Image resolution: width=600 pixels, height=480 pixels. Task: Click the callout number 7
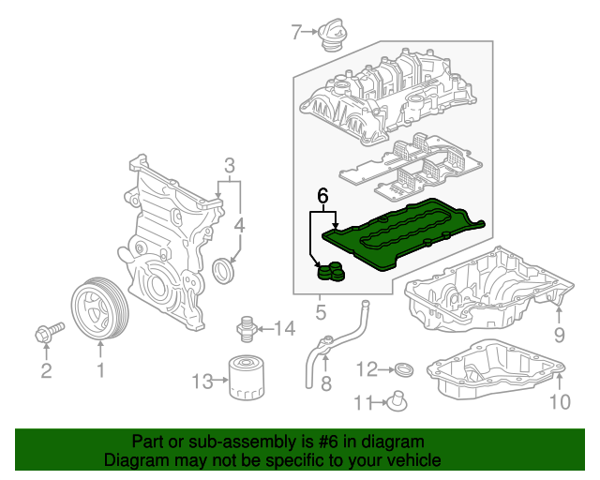point(296,34)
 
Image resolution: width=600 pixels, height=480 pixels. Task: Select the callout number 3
point(228,168)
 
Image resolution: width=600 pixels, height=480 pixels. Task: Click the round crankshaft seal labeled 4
point(225,271)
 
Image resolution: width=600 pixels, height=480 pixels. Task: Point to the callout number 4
point(239,226)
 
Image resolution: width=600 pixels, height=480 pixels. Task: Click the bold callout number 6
point(322,197)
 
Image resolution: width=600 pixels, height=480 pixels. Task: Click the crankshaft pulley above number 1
point(98,309)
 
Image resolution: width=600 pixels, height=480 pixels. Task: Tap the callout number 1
point(99,371)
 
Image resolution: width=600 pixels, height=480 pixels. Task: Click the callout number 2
point(45,372)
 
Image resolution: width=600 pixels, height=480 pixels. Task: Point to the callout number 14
point(284,328)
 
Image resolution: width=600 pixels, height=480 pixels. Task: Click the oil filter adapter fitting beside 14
point(247,328)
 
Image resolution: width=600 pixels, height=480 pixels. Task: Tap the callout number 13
point(202,381)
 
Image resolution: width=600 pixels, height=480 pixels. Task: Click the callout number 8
point(325,383)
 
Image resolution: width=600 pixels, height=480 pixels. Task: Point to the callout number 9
point(559,335)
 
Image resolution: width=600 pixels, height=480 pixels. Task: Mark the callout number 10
point(559,403)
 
